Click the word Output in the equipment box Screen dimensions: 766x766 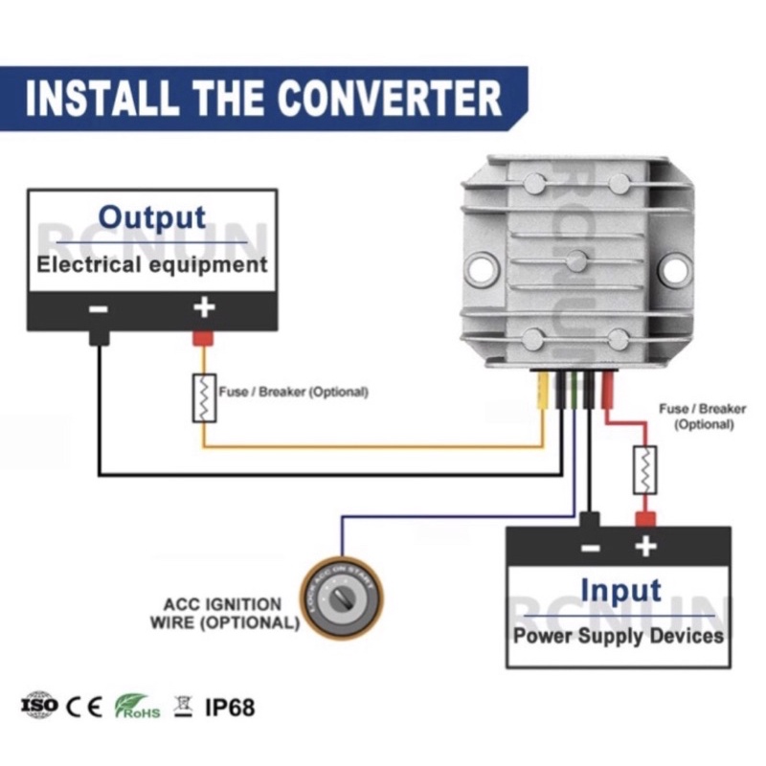(x=152, y=216)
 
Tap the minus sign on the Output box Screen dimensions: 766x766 (x=98, y=308)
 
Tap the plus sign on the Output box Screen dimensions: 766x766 (x=203, y=307)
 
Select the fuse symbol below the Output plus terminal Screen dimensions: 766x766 (x=204, y=397)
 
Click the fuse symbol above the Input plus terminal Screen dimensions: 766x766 (x=645, y=470)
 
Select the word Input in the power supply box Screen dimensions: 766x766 (x=620, y=590)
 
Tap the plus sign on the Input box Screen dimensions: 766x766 (x=646, y=547)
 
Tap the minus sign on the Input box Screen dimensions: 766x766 (x=590, y=547)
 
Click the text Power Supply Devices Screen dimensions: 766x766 (x=618, y=635)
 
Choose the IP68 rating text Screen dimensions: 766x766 (x=230, y=708)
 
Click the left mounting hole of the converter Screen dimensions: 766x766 (x=481, y=267)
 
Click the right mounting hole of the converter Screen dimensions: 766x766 (x=675, y=267)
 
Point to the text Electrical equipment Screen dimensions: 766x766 (x=151, y=264)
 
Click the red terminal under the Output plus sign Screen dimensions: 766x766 (x=203, y=338)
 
